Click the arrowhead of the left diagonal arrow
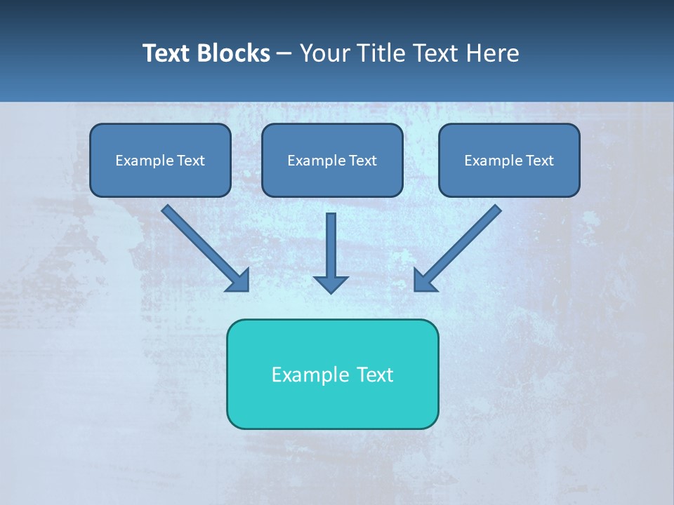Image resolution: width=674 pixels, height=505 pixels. (x=239, y=281)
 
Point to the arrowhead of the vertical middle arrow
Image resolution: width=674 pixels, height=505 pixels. (x=331, y=283)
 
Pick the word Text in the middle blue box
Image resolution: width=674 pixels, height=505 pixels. (x=363, y=161)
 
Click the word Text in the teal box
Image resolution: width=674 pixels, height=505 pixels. (x=376, y=375)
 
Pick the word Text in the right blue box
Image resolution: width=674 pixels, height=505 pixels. (x=540, y=161)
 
